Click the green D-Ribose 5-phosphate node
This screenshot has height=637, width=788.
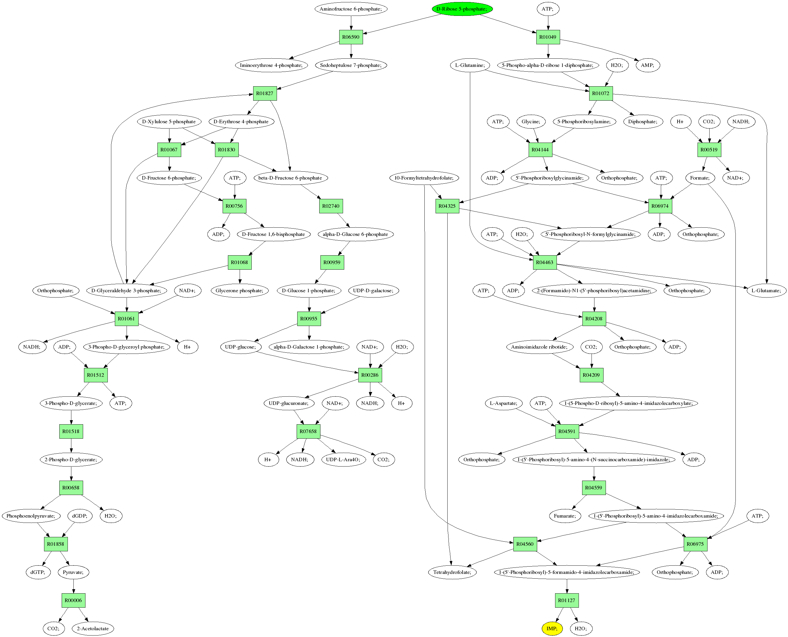tap(462, 9)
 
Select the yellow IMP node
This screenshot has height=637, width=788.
tap(552, 628)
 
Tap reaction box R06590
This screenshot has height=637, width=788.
tap(351, 37)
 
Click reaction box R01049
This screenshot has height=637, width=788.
tap(548, 37)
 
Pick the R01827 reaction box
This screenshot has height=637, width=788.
tap(265, 94)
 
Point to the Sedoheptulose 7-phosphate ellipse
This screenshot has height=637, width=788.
tap(351, 65)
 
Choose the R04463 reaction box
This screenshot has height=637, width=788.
tap(544, 262)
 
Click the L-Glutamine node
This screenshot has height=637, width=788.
tap(470, 65)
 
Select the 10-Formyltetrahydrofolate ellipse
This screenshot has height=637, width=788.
tap(424, 178)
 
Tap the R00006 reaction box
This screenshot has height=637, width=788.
tap(73, 600)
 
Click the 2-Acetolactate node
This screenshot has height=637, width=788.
tap(93, 628)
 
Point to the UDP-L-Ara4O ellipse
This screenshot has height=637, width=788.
tap(343, 459)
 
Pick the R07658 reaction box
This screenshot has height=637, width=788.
tap(308, 432)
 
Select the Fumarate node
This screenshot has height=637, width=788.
tap(565, 516)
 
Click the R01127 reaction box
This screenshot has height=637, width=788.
tap(567, 600)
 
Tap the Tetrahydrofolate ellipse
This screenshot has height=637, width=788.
tap(452, 572)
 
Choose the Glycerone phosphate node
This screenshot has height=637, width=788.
tap(239, 290)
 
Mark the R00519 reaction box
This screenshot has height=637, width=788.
tap(709, 150)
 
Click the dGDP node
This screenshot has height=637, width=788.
tap(80, 516)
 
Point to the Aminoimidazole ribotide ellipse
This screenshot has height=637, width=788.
tap(539, 347)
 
